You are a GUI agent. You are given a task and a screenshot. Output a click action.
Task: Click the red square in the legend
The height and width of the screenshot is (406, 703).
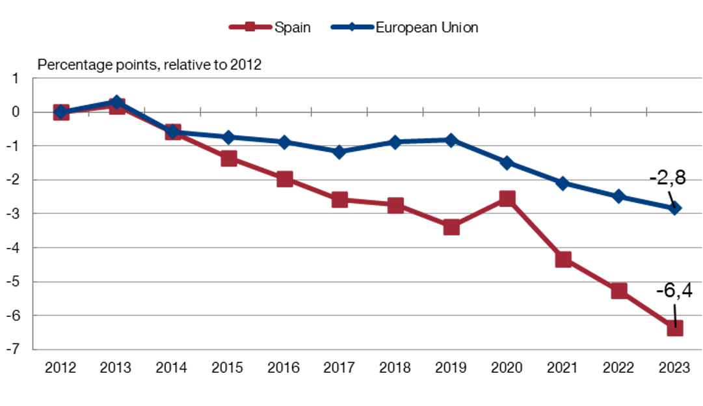tap(250, 27)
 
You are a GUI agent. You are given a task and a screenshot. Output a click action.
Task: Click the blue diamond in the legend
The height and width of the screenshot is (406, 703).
tap(352, 27)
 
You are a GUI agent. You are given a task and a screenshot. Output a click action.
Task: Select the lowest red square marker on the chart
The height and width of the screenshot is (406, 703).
tap(675, 328)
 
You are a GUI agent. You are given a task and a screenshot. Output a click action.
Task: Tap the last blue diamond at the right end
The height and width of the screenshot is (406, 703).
tap(675, 208)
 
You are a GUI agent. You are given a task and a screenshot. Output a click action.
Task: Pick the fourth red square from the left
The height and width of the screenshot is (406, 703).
tap(229, 158)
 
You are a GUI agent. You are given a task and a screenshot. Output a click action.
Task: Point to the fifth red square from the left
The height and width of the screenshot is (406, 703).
tap(285, 180)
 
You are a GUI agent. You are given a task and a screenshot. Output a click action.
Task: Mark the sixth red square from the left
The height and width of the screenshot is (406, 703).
tap(339, 199)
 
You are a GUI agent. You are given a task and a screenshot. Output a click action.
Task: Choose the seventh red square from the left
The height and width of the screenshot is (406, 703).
tap(395, 205)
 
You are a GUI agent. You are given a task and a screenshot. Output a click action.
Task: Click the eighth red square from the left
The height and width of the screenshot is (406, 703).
tap(451, 227)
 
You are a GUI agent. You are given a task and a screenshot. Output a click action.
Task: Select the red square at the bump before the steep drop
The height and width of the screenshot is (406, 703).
tap(507, 198)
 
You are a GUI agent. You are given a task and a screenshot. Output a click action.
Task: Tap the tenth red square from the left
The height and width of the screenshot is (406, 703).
tap(563, 260)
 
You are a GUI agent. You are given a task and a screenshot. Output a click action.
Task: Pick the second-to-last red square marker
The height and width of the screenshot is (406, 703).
tap(619, 291)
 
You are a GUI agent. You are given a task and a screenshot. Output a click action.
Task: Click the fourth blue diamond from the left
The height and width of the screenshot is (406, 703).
tap(229, 137)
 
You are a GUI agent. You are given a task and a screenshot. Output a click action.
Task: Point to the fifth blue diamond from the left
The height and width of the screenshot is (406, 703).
tap(285, 142)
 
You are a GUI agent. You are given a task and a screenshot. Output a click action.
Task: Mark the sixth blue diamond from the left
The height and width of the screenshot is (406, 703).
tap(339, 152)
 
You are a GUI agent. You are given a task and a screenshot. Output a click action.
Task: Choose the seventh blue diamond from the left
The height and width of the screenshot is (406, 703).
tap(395, 141)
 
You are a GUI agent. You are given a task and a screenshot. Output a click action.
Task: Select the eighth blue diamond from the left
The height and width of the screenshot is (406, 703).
tap(451, 140)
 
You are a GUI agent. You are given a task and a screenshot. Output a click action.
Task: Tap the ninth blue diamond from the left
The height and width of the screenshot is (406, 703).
tap(507, 163)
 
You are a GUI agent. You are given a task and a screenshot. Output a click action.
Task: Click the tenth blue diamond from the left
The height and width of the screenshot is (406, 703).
tap(563, 183)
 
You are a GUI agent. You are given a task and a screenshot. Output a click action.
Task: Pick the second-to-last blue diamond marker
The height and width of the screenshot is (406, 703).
tap(619, 196)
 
